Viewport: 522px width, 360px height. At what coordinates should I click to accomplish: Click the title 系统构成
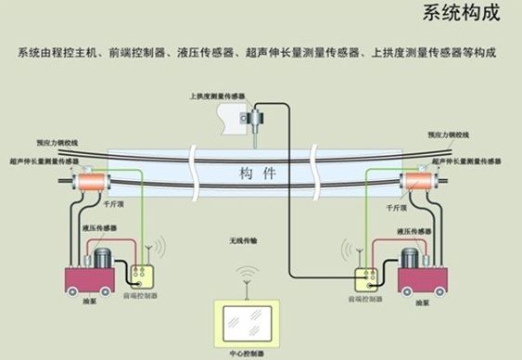[x=461, y=13]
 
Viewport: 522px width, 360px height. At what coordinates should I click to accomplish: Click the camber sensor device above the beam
[x=250, y=118]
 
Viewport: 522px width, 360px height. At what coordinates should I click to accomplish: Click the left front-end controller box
[x=144, y=276]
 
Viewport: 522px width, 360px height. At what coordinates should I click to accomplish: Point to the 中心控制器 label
[x=247, y=354]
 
